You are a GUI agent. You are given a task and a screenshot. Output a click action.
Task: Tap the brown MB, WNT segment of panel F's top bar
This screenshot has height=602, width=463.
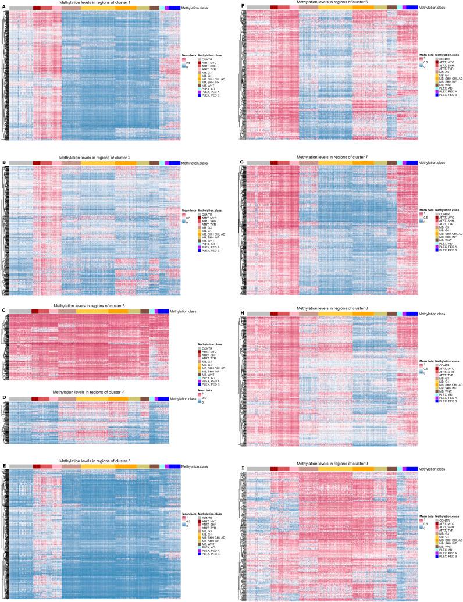tap(391, 8)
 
